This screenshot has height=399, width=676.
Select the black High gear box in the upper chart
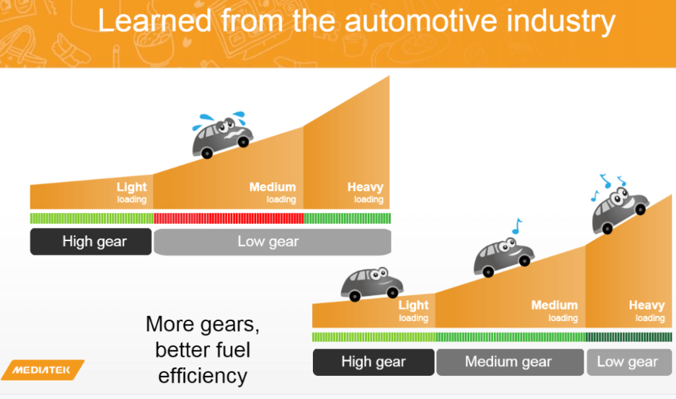(91, 242)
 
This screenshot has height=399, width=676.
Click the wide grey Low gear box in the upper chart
(272, 242)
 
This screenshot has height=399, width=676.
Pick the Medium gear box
(509, 361)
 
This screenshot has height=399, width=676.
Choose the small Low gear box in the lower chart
(628, 361)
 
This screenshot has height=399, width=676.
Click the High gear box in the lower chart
(373, 361)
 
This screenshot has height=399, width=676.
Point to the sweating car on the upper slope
(222, 135)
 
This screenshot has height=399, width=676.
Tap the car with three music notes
(619, 208)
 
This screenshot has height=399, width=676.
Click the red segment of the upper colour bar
(228, 218)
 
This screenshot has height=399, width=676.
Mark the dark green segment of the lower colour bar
(628, 337)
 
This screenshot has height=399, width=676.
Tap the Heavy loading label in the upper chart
(366, 192)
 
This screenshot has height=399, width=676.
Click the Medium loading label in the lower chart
(555, 310)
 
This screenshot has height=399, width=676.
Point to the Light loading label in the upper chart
(131, 192)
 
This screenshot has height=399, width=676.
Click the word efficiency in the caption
(203, 376)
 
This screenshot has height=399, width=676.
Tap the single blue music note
(516, 225)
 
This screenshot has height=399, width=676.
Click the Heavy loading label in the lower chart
(646, 310)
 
